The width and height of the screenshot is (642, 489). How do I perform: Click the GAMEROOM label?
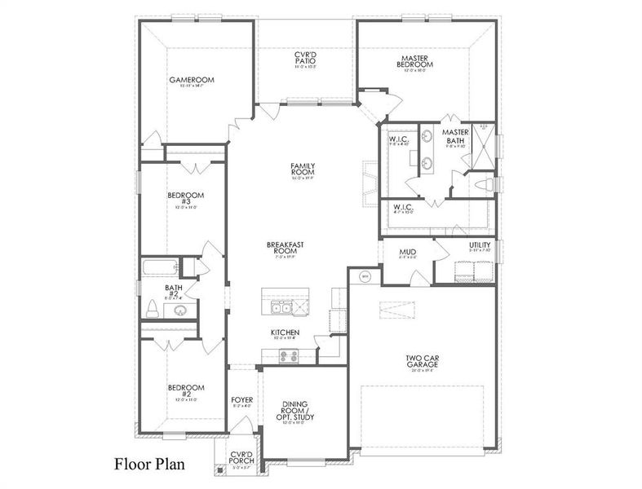click(x=191, y=80)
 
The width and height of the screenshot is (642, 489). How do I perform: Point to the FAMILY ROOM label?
click(x=303, y=170)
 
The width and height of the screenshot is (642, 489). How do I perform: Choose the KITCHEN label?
click(x=285, y=333)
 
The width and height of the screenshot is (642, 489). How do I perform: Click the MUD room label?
click(x=408, y=252)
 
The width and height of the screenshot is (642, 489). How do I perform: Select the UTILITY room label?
click(x=480, y=245)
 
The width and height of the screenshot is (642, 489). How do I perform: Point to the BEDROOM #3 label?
click(x=185, y=199)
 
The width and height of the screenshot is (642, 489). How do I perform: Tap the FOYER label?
click(x=242, y=399)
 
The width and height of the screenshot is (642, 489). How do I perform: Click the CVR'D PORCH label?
click(x=242, y=457)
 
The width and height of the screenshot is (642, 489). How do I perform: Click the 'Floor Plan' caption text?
click(x=149, y=465)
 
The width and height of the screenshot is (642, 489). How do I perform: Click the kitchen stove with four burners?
click(x=289, y=355)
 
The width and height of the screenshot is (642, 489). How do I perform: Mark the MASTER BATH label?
click(x=454, y=136)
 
